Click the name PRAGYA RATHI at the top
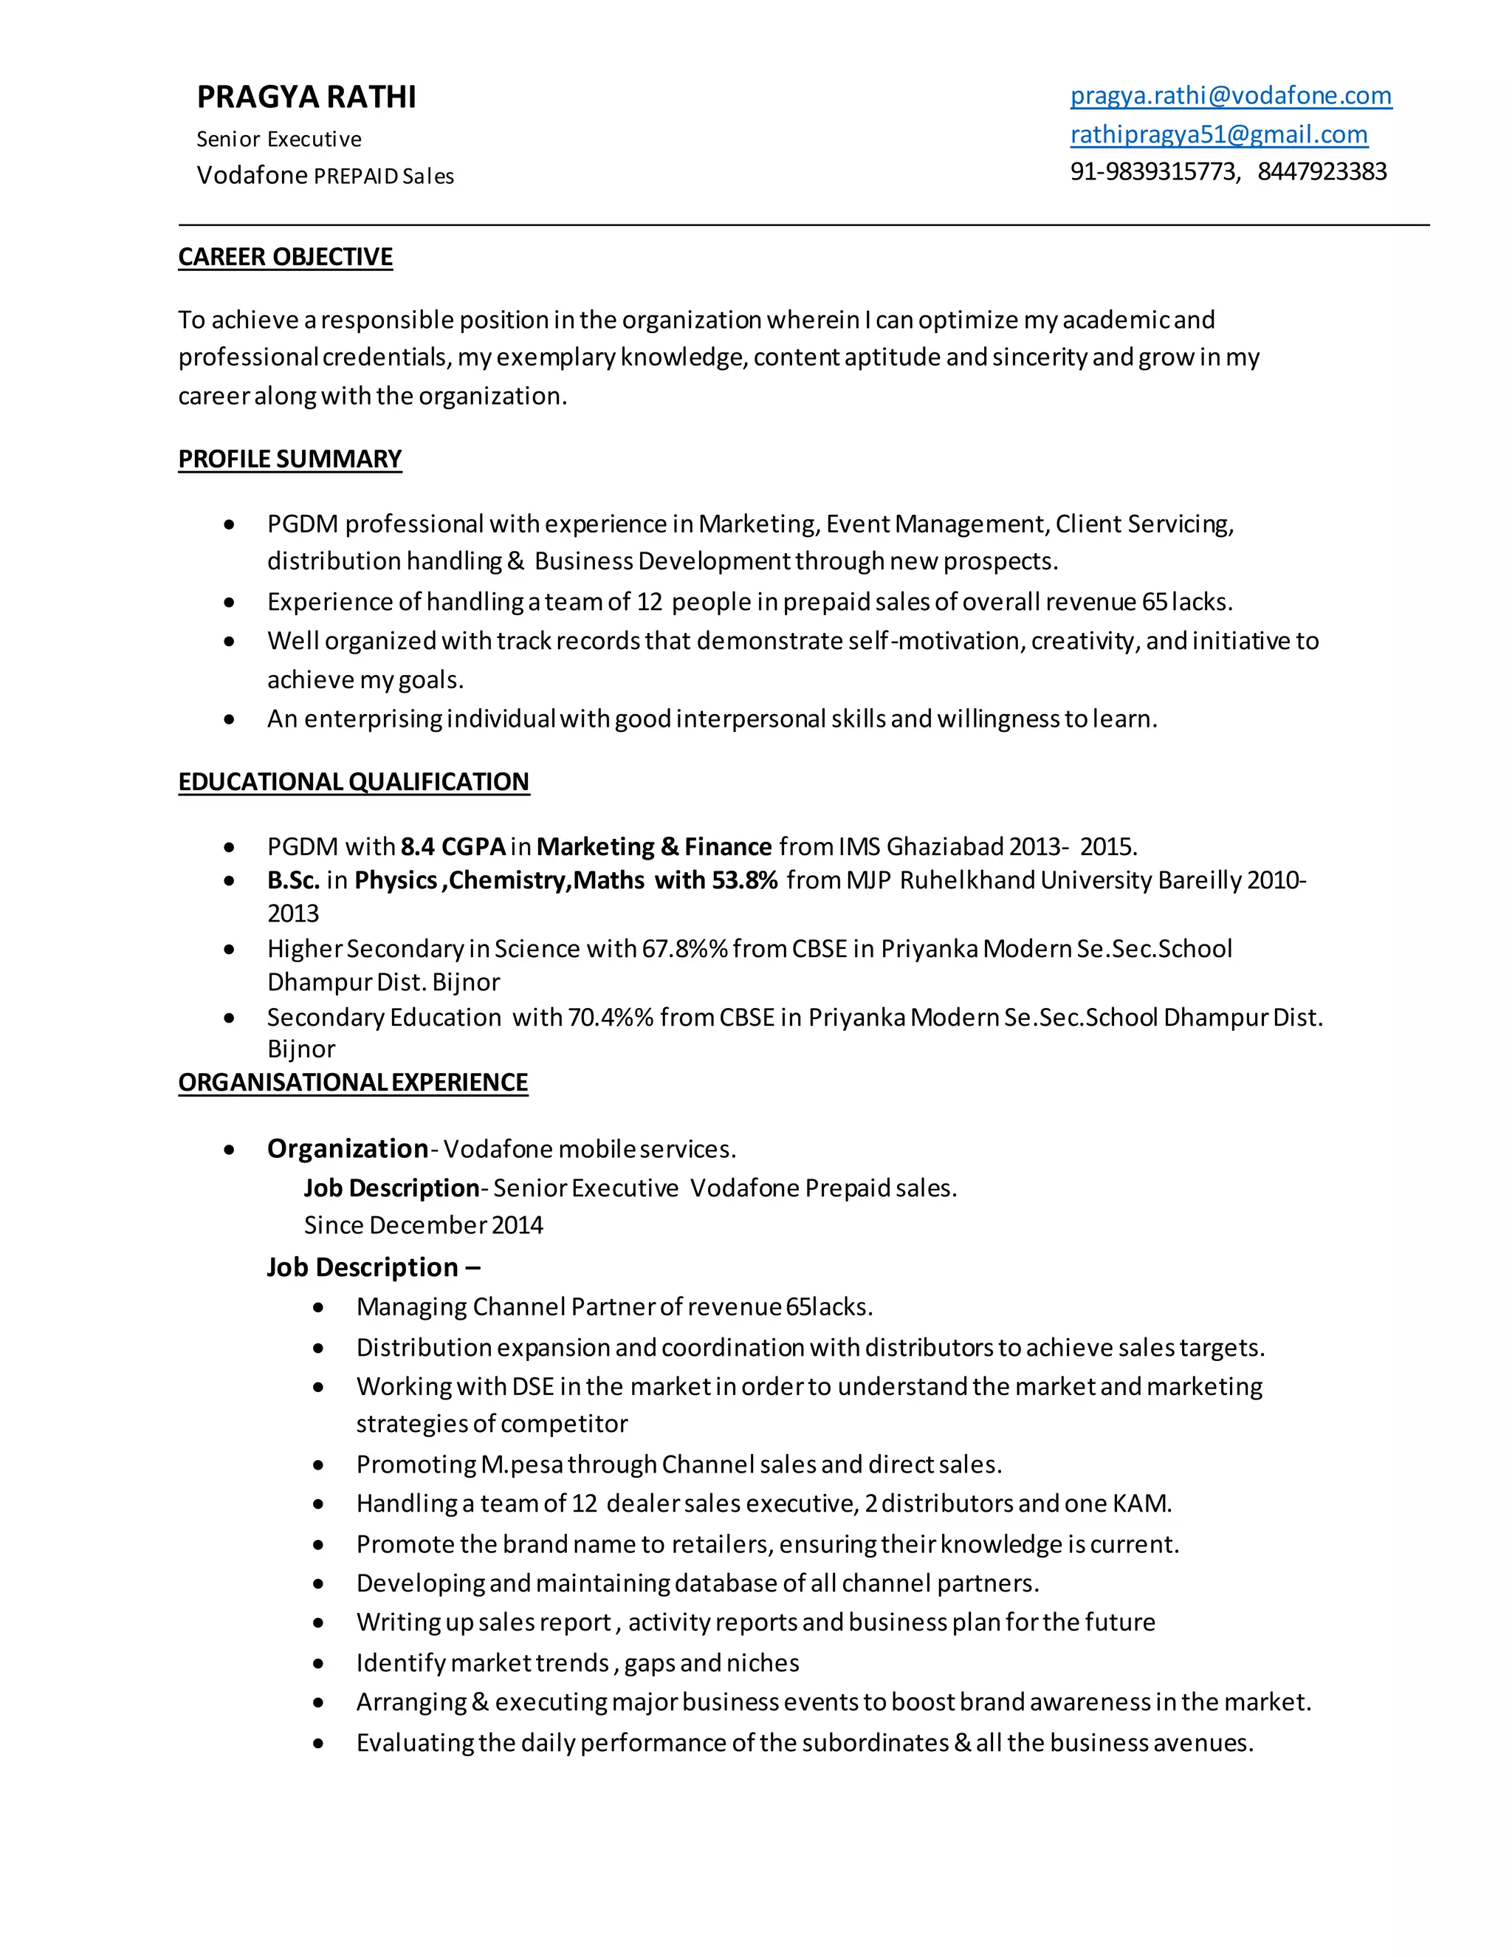306,97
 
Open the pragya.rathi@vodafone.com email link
1230,96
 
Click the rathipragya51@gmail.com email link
1218,134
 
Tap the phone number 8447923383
1322,172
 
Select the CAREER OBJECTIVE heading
285,257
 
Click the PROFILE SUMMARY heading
289,459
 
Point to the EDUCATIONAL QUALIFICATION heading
354,781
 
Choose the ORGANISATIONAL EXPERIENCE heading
353,1083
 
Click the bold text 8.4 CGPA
453,847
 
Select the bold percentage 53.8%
744,880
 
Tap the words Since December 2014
423,1225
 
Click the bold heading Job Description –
374,1267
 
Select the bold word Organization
348,1149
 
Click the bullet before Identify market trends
318,1663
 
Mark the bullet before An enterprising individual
230,719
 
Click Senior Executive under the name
278,139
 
